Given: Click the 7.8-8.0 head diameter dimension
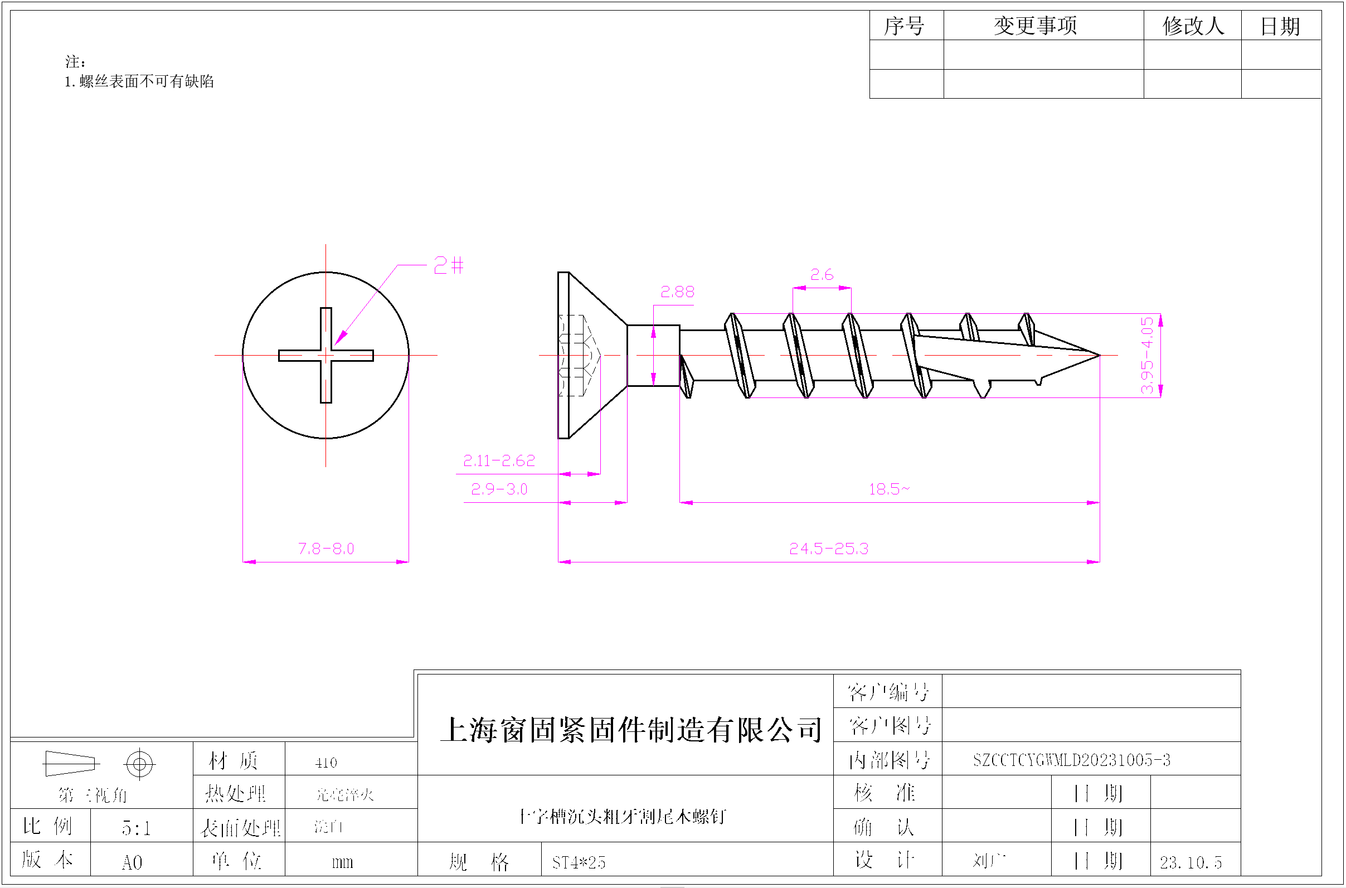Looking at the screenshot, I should (325, 549).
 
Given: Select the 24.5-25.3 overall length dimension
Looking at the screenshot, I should (828, 549).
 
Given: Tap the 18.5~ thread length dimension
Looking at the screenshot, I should (889, 489).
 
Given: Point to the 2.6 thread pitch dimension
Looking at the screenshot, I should (822, 275).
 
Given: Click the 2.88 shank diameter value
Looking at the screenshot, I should (677, 292).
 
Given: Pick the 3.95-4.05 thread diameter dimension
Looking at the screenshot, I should (1146, 355).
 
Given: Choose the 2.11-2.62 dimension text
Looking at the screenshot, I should (499, 461).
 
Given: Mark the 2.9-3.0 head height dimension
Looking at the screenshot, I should (499, 489).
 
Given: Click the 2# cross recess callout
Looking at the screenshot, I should (449, 265).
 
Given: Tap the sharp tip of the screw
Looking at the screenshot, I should (1099, 355).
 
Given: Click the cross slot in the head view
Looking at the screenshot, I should (325, 355).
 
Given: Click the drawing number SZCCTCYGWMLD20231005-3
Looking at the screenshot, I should (1071, 760).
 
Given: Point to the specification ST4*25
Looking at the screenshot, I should (579, 862).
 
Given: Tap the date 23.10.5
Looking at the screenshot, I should (1190, 862).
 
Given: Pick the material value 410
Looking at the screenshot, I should (326, 763).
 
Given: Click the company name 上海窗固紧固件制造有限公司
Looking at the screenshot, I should (631, 730).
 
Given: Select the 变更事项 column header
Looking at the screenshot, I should (1035, 26).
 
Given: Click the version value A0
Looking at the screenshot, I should (132, 862).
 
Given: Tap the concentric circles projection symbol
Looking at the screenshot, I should (139, 765).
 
